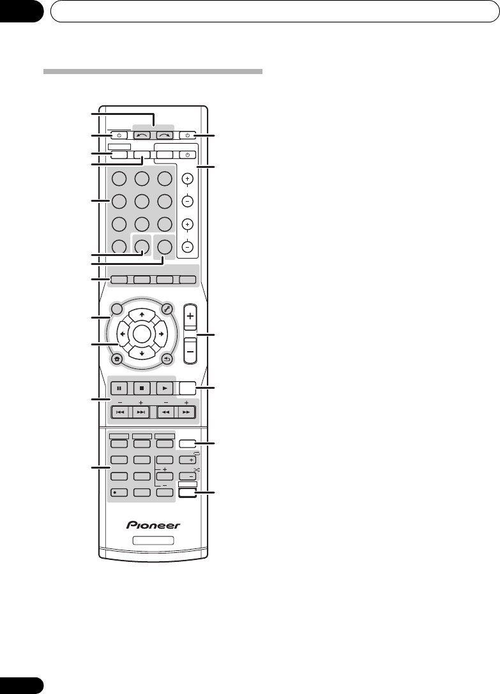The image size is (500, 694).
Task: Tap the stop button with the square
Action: coord(141,388)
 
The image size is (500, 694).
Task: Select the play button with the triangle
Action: coord(164,388)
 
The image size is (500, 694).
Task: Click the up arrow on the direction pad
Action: coord(141,314)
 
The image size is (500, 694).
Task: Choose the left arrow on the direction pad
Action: coord(121,334)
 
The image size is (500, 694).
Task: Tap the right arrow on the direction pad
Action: coord(161,334)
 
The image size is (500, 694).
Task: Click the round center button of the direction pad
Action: coord(141,334)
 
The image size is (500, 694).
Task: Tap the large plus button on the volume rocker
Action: coord(190,315)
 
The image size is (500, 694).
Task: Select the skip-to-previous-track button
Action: coord(121,412)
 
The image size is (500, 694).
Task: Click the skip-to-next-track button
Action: coord(141,412)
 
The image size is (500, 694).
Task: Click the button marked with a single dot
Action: coord(118,492)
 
